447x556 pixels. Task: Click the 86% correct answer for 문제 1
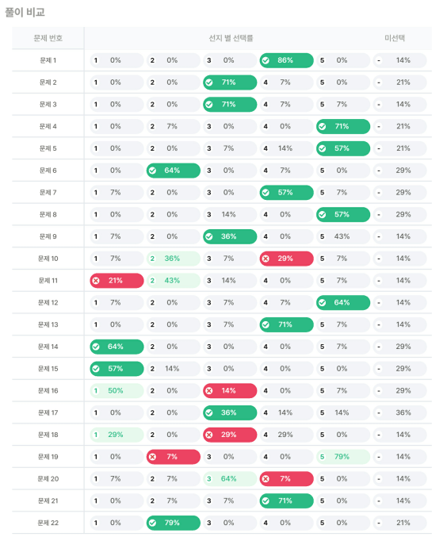click(286, 60)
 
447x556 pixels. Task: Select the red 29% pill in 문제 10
click(286, 259)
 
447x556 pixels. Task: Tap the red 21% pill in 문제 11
click(117, 281)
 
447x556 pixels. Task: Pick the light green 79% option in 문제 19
click(343, 457)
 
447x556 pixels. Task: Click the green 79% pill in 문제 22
click(174, 523)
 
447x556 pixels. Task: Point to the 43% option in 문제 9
click(343, 236)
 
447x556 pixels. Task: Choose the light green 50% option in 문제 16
click(117, 391)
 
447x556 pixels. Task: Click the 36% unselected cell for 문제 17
click(399, 412)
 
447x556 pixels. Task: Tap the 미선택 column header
click(395, 38)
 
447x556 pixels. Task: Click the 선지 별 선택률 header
click(231, 38)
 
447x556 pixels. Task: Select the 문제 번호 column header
click(48, 38)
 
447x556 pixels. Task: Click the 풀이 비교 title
click(25, 12)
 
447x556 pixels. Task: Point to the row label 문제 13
click(48, 324)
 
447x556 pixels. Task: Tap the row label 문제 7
click(48, 193)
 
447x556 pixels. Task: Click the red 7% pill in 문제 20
click(286, 479)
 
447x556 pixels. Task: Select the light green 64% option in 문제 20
click(230, 479)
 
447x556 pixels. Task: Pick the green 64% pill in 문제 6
click(174, 171)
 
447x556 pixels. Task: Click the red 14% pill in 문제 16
click(230, 391)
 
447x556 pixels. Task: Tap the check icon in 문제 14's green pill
click(96, 347)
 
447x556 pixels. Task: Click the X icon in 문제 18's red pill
click(209, 435)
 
